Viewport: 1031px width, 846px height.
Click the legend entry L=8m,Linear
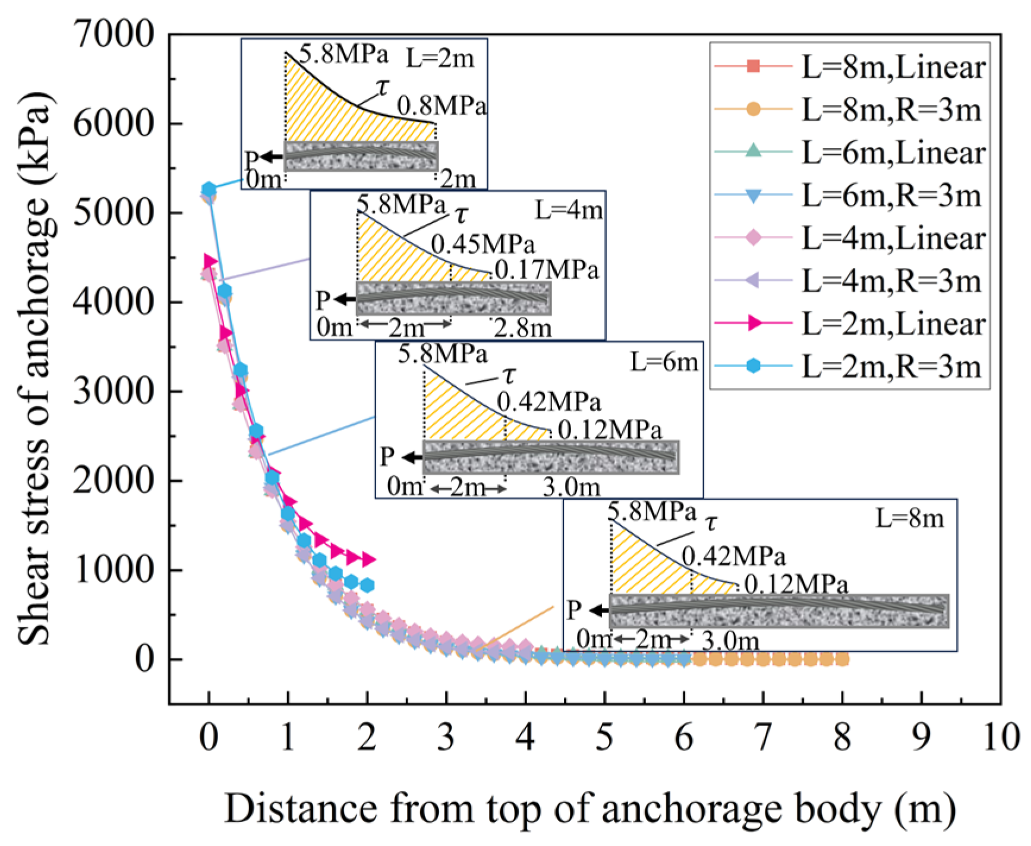850,67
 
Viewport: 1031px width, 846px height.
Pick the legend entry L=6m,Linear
850,152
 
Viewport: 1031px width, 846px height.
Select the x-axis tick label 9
922,737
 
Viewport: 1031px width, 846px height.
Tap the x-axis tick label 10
1001,737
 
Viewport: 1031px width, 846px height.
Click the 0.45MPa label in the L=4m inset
483,244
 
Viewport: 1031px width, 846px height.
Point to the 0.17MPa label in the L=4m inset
547,270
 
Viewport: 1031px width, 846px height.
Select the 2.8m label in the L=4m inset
522,327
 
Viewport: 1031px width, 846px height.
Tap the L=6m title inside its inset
664,361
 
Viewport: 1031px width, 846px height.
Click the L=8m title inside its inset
910,519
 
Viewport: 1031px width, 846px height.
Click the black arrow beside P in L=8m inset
599,611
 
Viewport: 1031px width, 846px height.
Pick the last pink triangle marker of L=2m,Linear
368,559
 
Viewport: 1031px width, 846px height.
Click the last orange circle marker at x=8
842,658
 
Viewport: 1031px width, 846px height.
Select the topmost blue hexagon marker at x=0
209,190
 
